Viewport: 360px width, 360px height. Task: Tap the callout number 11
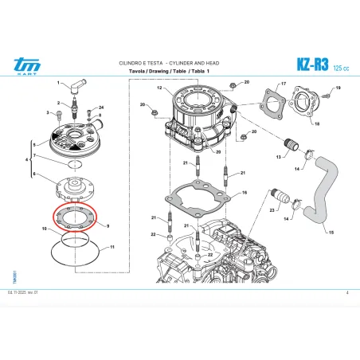coord(112,248)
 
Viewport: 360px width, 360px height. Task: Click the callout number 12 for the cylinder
coord(159,88)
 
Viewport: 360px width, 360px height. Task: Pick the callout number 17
coord(282,83)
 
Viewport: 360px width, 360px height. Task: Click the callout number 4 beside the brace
coord(28,161)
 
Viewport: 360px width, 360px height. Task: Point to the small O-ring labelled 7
coord(72,164)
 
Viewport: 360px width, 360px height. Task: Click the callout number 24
coord(100,107)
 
